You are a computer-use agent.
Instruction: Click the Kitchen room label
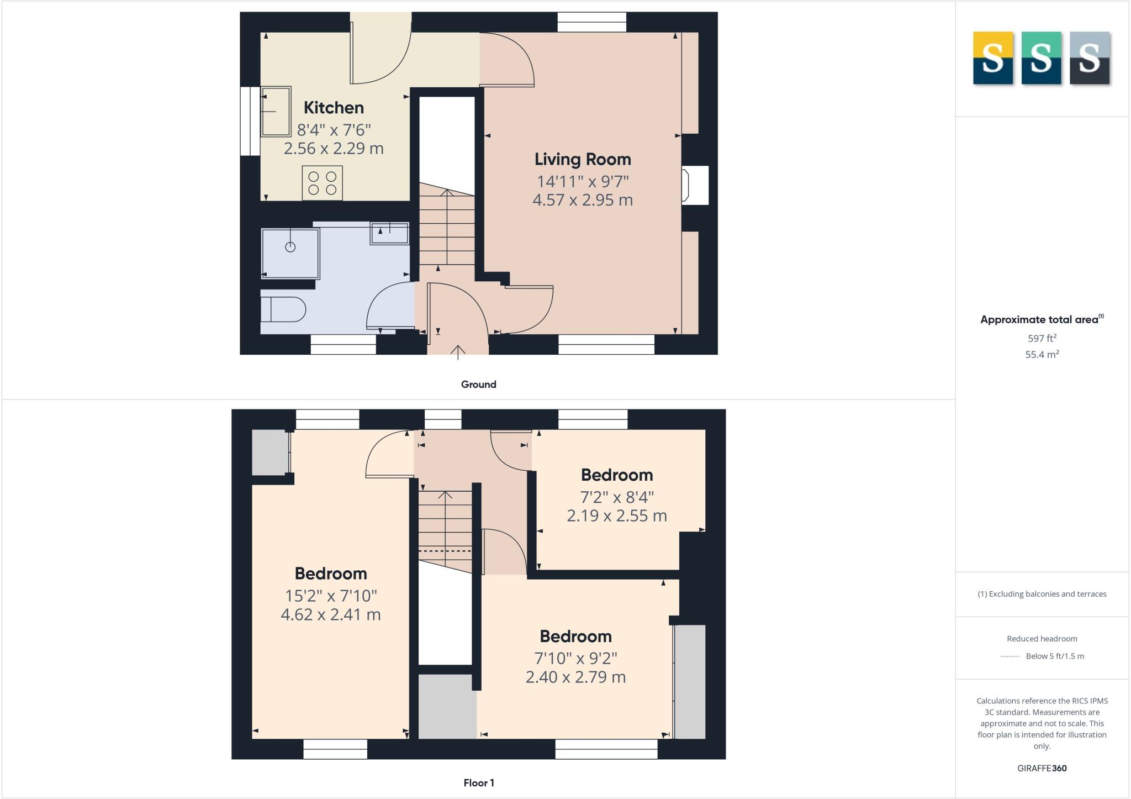(x=334, y=108)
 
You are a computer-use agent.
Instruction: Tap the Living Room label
(x=583, y=160)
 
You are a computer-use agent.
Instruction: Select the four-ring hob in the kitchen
(x=323, y=183)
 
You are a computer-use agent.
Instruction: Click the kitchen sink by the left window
(x=276, y=111)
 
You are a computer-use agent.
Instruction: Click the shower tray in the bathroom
(x=290, y=253)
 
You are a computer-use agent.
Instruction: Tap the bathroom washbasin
(x=390, y=233)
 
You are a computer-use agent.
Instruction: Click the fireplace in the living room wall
(x=695, y=185)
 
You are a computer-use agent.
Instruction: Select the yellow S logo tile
(x=993, y=58)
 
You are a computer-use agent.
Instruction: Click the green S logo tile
(x=1041, y=58)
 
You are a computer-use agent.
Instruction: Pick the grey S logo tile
(x=1090, y=58)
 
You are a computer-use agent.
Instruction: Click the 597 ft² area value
(x=1042, y=338)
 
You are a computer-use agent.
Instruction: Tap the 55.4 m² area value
(x=1042, y=355)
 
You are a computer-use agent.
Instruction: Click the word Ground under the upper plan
(x=478, y=385)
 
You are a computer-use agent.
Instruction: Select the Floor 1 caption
(x=479, y=783)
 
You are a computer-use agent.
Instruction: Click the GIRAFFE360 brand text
(x=1042, y=768)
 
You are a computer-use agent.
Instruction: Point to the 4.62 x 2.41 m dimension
(x=331, y=614)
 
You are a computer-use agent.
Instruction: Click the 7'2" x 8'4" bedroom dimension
(x=617, y=497)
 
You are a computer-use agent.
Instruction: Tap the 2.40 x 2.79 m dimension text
(x=575, y=677)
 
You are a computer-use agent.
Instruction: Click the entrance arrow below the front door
(x=458, y=353)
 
